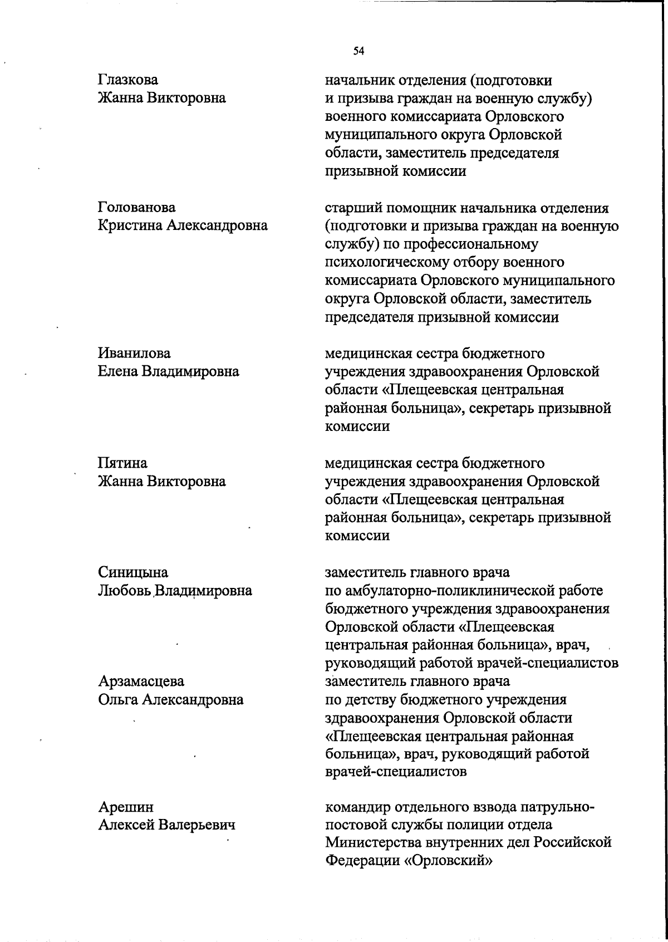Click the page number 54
[x=358, y=52]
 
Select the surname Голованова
[x=136, y=208]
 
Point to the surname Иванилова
[x=134, y=354]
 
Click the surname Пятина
[x=122, y=463]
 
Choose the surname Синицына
[x=133, y=572]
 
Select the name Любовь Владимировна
[x=175, y=591]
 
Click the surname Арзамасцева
[x=141, y=681]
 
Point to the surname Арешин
[x=126, y=807]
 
